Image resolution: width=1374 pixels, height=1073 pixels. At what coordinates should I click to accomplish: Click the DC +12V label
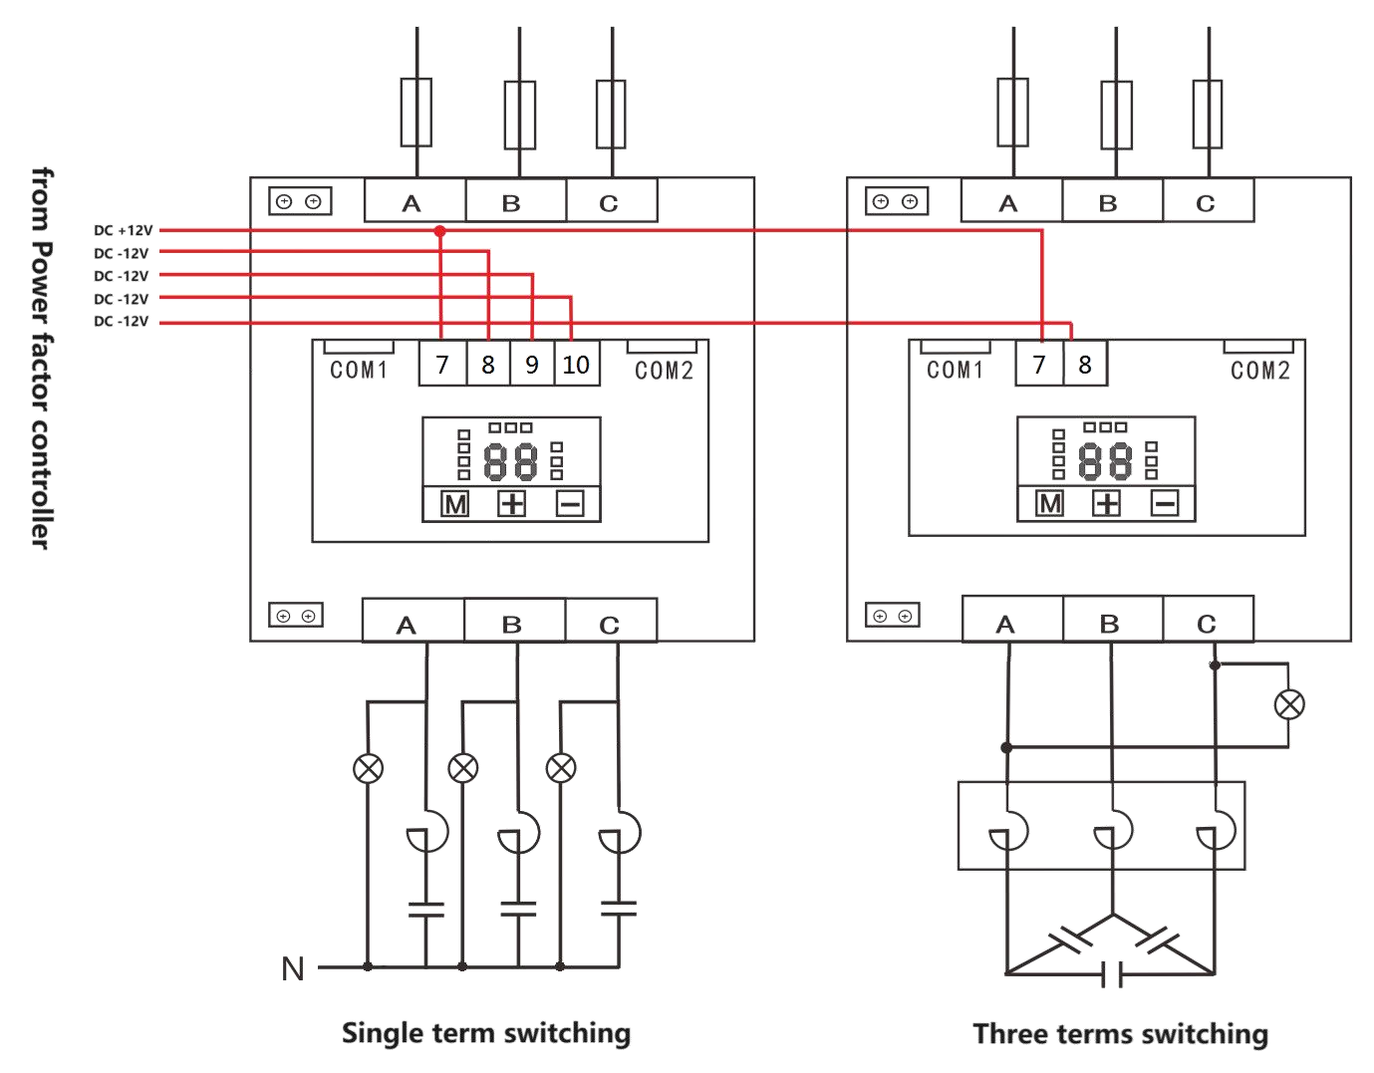click(x=122, y=229)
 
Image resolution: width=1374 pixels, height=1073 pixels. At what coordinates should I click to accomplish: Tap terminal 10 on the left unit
click(x=575, y=365)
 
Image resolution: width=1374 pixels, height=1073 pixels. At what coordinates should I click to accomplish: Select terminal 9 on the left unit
click(x=532, y=365)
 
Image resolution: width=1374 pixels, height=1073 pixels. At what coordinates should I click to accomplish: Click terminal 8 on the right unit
click(x=1085, y=364)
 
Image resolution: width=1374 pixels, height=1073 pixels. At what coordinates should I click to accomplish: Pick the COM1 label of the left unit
click(x=359, y=371)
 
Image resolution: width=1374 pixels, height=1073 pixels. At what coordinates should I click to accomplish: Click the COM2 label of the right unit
click(x=1260, y=371)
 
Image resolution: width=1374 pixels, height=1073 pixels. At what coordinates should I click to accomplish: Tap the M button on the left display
click(x=455, y=504)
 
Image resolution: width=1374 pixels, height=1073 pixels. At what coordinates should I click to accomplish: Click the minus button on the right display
click(x=1166, y=503)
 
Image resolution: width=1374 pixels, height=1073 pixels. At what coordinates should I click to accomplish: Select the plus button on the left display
click(x=512, y=504)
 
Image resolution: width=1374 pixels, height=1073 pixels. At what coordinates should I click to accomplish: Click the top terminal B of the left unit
click(x=512, y=203)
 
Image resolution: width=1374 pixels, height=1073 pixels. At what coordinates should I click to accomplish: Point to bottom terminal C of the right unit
click(x=1207, y=625)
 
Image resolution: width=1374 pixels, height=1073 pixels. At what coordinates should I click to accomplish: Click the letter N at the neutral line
click(x=293, y=968)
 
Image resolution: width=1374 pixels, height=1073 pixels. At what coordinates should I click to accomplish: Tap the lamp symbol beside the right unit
click(x=1290, y=704)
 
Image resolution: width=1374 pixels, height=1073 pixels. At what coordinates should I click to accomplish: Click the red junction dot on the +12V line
click(x=440, y=230)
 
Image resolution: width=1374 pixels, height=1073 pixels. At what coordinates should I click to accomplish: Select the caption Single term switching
click(x=486, y=1032)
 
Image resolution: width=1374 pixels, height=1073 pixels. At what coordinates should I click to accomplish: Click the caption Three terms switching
click(x=1121, y=1034)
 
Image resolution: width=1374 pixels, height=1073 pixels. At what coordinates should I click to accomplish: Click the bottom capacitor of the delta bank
click(x=1114, y=972)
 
